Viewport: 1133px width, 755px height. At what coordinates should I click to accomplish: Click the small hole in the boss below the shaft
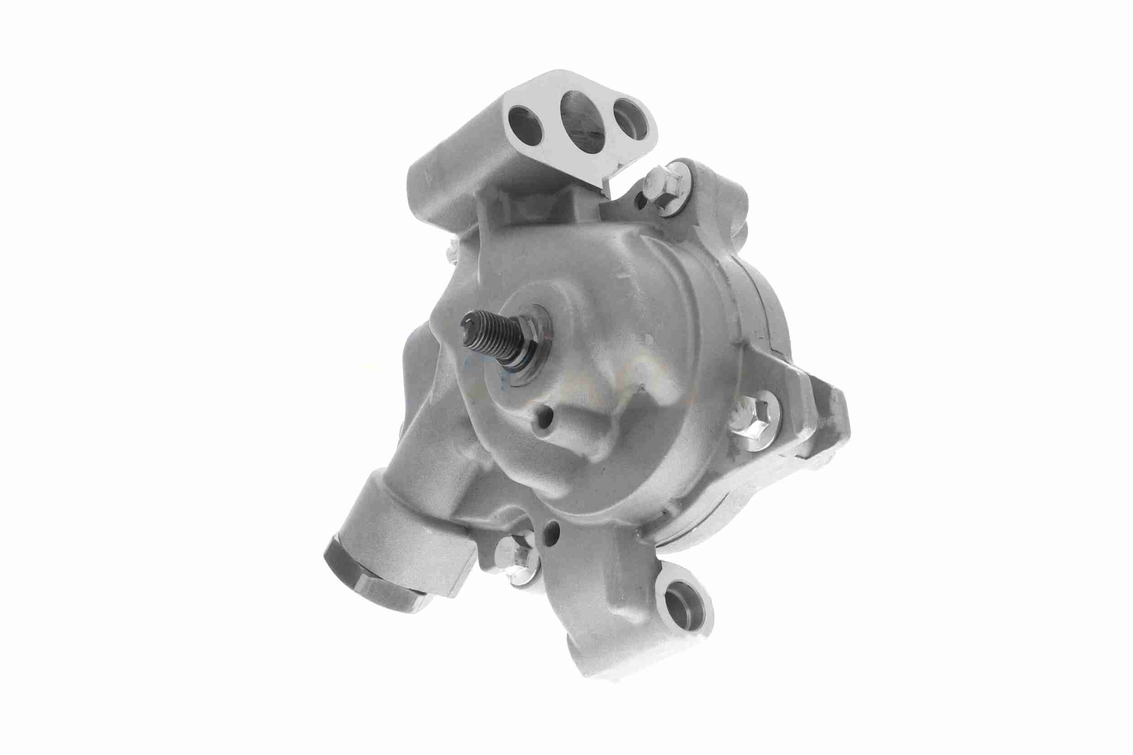point(543,424)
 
